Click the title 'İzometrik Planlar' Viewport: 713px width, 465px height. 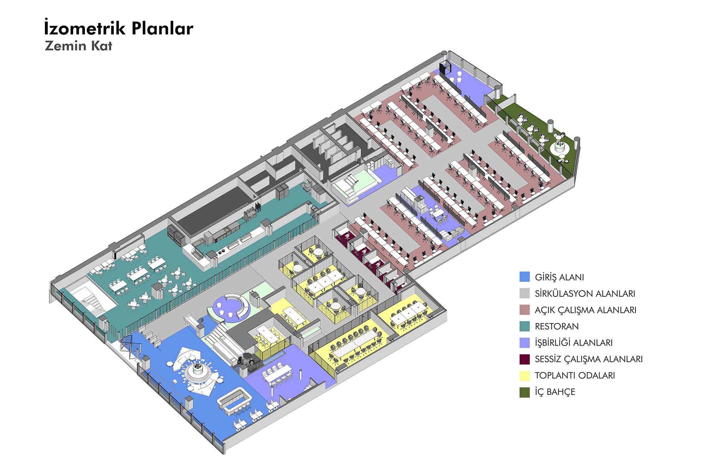119,28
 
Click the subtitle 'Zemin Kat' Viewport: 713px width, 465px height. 78,46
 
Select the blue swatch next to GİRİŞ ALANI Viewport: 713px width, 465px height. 524,277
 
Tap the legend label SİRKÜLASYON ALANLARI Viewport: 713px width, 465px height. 585,294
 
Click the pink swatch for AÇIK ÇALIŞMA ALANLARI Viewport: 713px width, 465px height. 524,310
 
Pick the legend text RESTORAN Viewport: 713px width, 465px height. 556,326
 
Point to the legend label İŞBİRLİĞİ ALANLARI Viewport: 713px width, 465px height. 573,343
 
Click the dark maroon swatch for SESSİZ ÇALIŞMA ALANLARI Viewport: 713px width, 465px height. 524,359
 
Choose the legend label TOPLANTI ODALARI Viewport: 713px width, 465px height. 575,375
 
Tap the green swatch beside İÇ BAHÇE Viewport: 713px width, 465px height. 524,392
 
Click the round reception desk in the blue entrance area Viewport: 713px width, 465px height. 197,371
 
